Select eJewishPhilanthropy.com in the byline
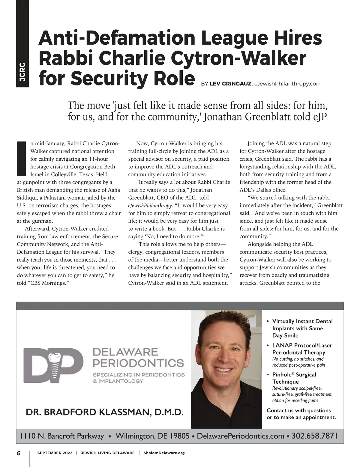(288, 84)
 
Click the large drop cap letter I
(22, 159)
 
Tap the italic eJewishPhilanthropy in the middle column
(150, 206)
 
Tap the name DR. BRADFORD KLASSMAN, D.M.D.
(104, 412)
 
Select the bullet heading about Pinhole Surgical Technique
(294, 378)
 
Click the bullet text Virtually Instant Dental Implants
(302, 328)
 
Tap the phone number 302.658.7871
(314, 436)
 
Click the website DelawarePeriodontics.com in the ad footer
(240, 436)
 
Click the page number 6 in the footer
(19, 453)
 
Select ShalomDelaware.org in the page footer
(164, 453)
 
